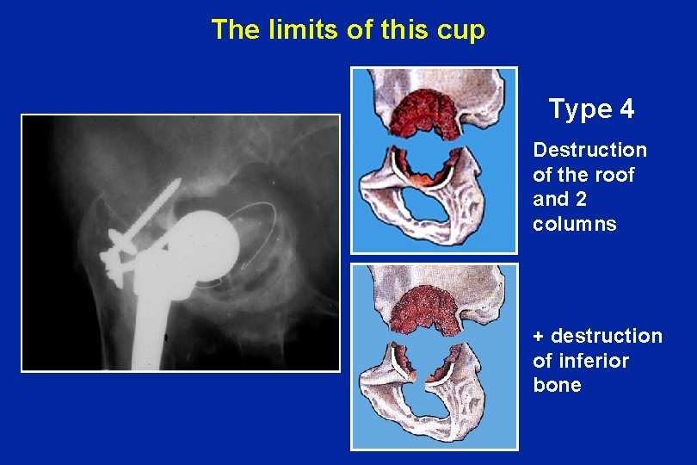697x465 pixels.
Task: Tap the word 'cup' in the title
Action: click(462, 31)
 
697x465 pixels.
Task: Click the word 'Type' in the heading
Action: click(579, 110)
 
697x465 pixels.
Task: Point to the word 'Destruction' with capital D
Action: click(589, 150)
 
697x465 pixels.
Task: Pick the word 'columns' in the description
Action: click(574, 224)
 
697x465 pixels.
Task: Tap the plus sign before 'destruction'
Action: click(539, 336)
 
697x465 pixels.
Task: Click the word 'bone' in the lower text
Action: click(557, 385)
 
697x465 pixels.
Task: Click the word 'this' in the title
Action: click(402, 30)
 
